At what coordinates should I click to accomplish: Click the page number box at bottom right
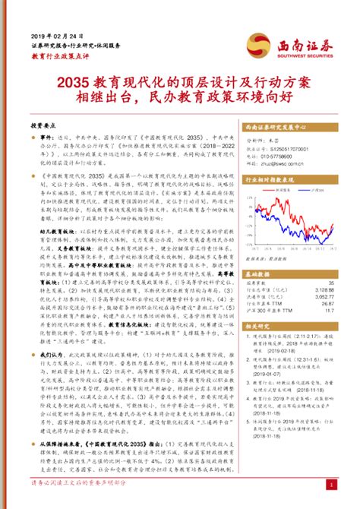pos(330,483)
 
